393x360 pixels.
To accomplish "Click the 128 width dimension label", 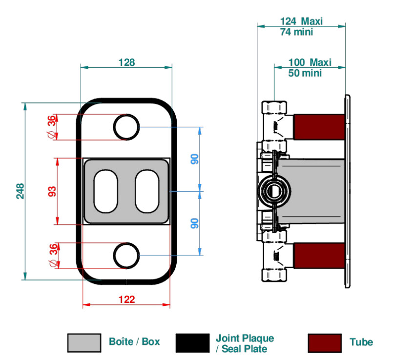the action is point(126,62).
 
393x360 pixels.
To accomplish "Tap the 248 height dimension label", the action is point(21,191).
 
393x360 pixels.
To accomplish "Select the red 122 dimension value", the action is point(126,300).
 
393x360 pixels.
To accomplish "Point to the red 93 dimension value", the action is point(52,191).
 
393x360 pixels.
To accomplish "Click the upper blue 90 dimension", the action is point(194,159).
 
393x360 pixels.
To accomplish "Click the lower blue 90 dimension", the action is point(194,223).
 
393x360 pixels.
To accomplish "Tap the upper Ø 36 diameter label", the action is point(52,127).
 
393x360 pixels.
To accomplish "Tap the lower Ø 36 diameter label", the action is point(53,256).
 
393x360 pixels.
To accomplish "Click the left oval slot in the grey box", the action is point(94,191).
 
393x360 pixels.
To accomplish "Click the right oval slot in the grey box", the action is point(136,191).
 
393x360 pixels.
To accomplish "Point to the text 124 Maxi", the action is point(301,21).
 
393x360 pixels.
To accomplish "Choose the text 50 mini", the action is point(305,73).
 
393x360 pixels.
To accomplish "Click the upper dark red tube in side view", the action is point(319,127).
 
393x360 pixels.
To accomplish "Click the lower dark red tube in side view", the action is point(319,256).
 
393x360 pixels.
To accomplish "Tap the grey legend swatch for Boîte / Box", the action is point(84,343).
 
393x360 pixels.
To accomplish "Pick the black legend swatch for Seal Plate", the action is point(192,343).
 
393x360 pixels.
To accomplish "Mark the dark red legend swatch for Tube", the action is point(325,343).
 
